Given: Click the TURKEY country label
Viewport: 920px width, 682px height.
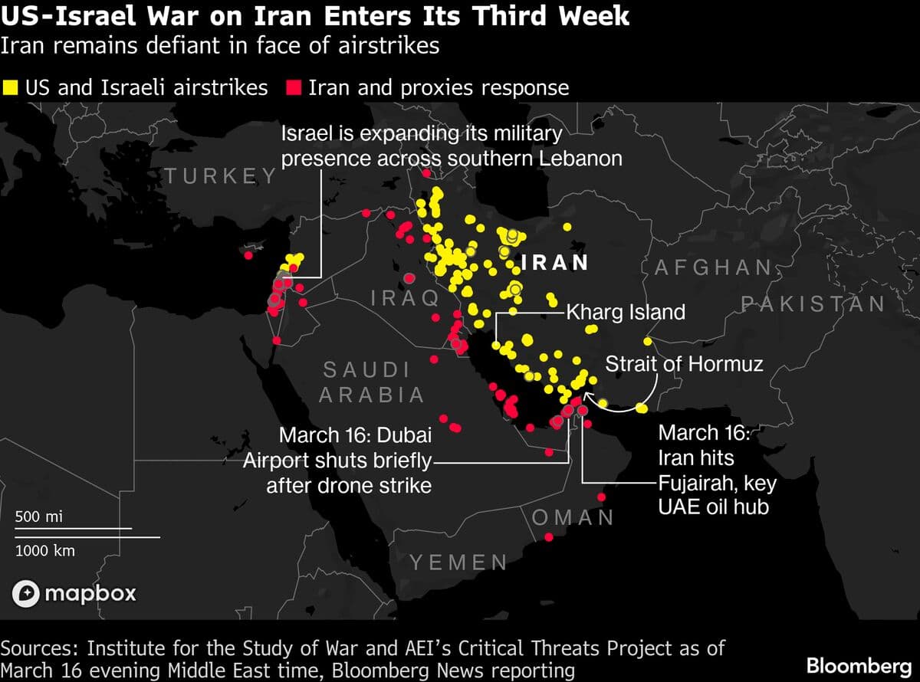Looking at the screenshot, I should pos(221,176).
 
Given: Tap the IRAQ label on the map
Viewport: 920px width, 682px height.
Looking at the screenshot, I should pos(405,297).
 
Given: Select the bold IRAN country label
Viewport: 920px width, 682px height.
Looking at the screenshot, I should pos(554,263).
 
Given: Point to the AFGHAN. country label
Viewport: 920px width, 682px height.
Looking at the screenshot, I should pos(714,267).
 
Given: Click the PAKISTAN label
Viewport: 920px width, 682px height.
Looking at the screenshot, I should pos(813,304).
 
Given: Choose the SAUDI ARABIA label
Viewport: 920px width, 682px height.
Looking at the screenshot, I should pos(372,382).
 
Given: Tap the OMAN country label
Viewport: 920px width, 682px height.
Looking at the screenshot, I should pos(573,517).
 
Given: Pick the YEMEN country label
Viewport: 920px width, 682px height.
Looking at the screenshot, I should pos(458,563).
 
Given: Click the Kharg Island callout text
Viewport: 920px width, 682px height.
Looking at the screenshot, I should pos(626,313).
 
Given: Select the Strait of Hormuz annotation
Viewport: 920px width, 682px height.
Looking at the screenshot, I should pos(685,362).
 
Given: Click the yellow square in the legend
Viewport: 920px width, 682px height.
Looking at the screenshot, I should pos(11,87).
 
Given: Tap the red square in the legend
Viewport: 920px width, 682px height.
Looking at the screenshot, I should pos(292,87).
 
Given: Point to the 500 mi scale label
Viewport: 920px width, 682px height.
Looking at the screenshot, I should pos(39,517).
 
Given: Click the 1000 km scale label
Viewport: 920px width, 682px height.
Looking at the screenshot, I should pos(45,550).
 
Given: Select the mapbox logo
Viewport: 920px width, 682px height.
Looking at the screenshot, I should pos(74,592).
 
